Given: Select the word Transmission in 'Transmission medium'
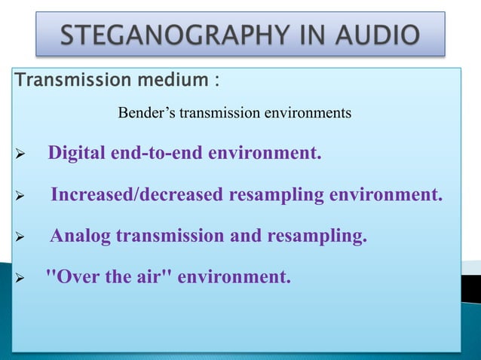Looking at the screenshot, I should pos(63,80).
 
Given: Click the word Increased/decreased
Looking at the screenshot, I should pos(137,196).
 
